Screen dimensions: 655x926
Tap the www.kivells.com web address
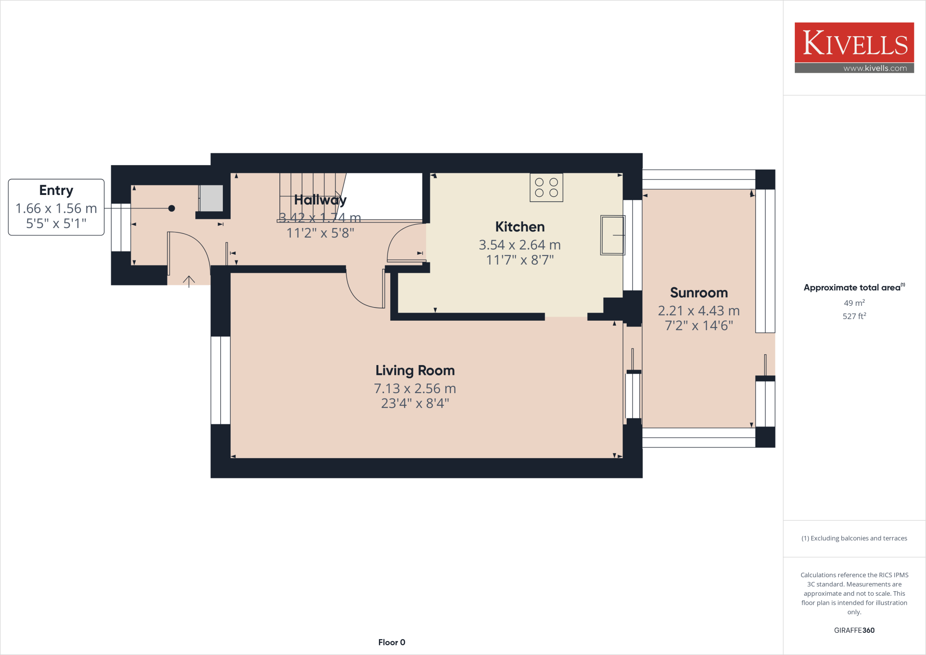(x=875, y=68)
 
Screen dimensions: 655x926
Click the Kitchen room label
(x=520, y=227)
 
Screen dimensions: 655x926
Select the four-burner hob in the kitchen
(x=546, y=188)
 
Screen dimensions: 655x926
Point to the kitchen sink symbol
(x=612, y=235)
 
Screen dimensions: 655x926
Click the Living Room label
(x=415, y=370)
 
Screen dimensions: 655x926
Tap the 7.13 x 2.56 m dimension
(x=415, y=389)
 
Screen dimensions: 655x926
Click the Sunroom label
(x=699, y=293)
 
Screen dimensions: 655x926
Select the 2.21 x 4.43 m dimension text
(x=699, y=311)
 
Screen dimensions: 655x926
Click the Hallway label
(x=320, y=199)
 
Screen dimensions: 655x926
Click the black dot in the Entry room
(x=171, y=209)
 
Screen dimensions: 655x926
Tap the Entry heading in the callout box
(x=56, y=190)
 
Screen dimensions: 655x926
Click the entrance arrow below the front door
(x=189, y=281)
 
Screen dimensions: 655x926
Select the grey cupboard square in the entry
(x=211, y=198)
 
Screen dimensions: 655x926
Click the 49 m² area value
(x=854, y=303)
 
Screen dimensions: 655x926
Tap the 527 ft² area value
(x=854, y=316)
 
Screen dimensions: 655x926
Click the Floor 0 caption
(x=392, y=642)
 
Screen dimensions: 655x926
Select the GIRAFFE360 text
(x=854, y=630)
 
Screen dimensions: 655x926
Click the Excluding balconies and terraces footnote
(x=854, y=538)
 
